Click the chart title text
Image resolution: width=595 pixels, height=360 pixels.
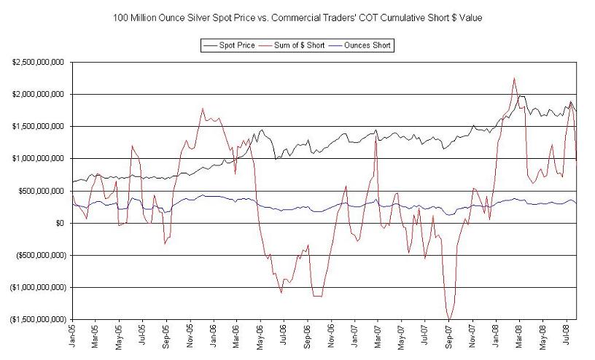click(297, 17)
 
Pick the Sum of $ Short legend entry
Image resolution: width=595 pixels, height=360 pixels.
click(301, 45)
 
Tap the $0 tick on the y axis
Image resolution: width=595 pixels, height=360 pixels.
click(61, 223)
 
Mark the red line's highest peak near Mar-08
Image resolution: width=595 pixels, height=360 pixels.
click(514, 78)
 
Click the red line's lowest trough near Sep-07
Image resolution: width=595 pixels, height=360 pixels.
click(448, 319)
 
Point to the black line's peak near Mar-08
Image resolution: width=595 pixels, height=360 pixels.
click(521, 96)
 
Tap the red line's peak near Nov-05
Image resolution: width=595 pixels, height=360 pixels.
click(202, 109)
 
